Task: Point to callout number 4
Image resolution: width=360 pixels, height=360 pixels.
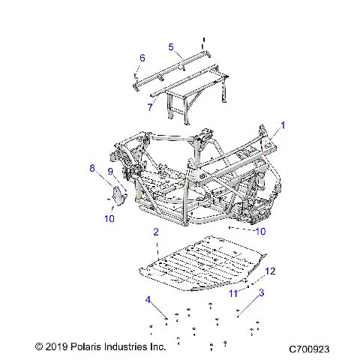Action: coord(148,301)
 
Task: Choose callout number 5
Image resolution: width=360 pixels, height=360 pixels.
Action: coord(170,47)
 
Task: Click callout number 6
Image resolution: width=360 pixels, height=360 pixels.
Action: coord(142,58)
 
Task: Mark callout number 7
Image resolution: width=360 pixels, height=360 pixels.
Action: coord(149,108)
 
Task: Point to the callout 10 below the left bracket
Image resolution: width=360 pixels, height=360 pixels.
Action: coord(110,218)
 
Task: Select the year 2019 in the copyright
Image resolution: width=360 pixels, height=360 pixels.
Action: coord(58,348)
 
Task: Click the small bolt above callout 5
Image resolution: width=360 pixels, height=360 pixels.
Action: coord(203,40)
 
